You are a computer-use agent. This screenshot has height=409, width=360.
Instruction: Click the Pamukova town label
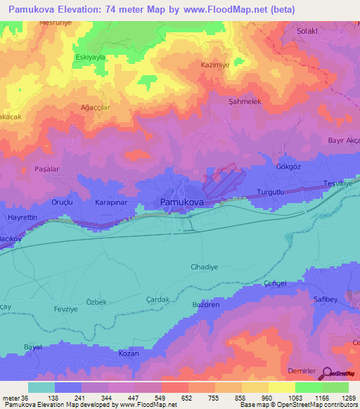pyautogui.click(x=182, y=202)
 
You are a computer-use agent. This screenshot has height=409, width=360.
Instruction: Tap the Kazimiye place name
pyautogui.click(x=216, y=64)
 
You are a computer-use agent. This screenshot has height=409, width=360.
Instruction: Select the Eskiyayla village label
pyautogui.click(x=89, y=57)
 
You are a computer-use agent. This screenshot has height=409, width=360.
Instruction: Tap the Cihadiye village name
pyautogui.click(x=205, y=267)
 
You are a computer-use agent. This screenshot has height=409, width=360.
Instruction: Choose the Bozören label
pyautogui.click(x=207, y=304)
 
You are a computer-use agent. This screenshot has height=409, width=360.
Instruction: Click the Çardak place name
pyautogui.click(x=158, y=299)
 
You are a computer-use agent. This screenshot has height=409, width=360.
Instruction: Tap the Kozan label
pyautogui.click(x=128, y=353)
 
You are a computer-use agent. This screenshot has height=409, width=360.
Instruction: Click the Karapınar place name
pyautogui.click(x=110, y=202)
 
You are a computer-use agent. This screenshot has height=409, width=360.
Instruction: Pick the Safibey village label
pyautogui.click(x=328, y=298)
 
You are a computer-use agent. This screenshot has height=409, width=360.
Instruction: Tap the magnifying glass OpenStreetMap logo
pyautogui.click(x=326, y=374)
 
